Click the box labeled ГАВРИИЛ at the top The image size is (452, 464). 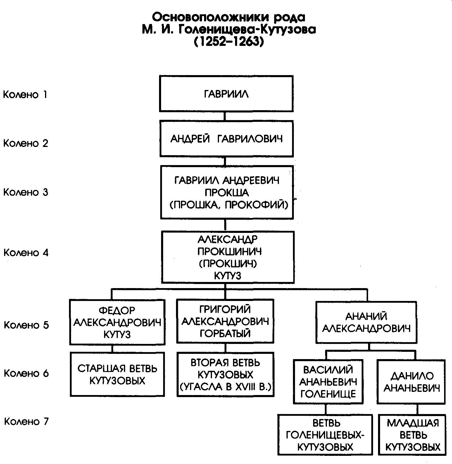pyautogui.click(x=226, y=94)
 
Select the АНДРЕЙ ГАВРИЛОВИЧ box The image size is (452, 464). pyautogui.click(x=227, y=139)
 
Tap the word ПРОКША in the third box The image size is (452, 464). pyautogui.click(x=227, y=193)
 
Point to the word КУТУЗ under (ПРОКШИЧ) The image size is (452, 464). pyautogui.click(x=228, y=276)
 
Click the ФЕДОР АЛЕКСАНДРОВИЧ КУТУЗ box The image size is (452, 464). pyautogui.click(x=117, y=322)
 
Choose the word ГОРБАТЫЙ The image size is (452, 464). pyautogui.click(x=225, y=333)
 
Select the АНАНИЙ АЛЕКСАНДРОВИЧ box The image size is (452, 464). pyautogui.click(x=366, y=322)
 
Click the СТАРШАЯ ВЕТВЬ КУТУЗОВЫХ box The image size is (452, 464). pyautogui.click(x=117, y=374)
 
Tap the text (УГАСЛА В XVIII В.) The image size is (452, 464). pyautogui.click(x=225, y=387)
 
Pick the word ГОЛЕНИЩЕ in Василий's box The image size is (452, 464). pyautogui.click(x=328, y=394)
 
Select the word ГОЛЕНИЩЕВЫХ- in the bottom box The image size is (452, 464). pyautogui.click(x=325, y=435)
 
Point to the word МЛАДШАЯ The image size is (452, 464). pyautogui.click(x=413, y=423)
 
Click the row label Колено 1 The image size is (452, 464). pyautogui.click(x=25, y=95)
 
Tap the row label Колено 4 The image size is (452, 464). pyautogui.click(x=26, y=253)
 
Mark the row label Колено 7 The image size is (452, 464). pyautogui.click(x=26, y=422)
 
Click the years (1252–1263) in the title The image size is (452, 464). pyautogui.click(x=228, y=42)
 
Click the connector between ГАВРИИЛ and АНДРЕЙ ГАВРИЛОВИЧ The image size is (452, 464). pyautogui.click(x=225, y=116)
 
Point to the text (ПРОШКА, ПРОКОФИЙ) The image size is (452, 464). pyautogui.click(x=229, y=205)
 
